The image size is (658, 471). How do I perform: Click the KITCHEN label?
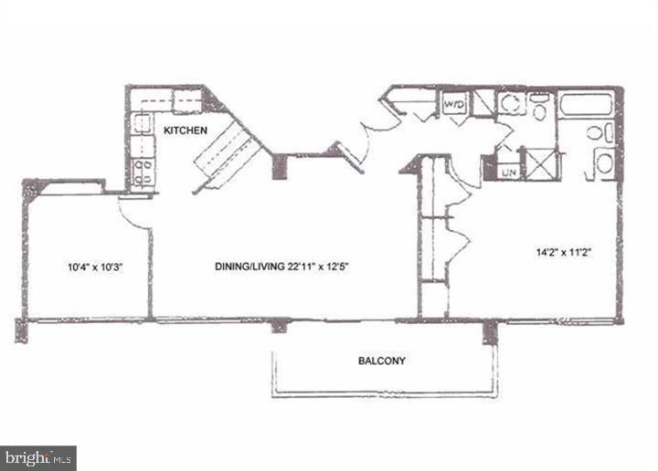coord(186,131)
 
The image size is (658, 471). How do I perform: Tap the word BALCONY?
coord(381,361)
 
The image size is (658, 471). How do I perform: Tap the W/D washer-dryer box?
coord(455,105)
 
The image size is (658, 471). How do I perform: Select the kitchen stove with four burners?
coord(142,173)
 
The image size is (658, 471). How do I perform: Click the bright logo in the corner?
coord(38,457)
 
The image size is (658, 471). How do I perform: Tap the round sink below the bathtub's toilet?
coord(605,164)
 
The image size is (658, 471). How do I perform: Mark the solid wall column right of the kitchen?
coord(281,164)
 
